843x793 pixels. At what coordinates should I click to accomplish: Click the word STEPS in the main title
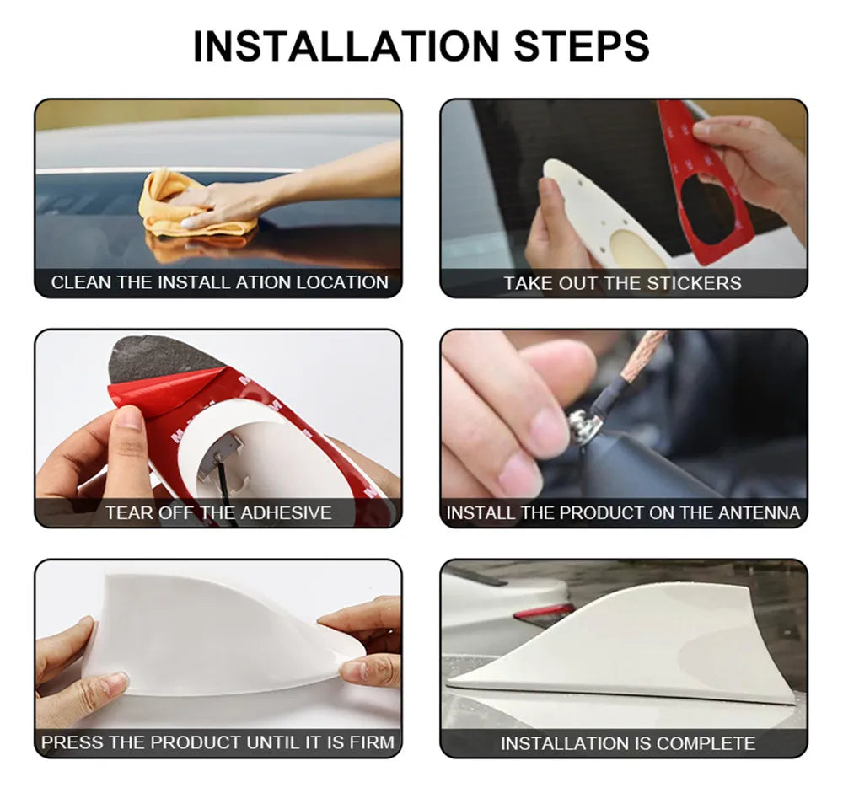pyautogui.click(x=582, y=46)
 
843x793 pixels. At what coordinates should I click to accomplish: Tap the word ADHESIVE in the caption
pyautogui.click(x=286, y=513)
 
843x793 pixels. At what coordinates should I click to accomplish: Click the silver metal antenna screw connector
pyautogui.click(x=581, y=425)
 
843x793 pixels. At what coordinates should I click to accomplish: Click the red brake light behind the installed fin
pyautogui.click(x=544, y=612)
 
